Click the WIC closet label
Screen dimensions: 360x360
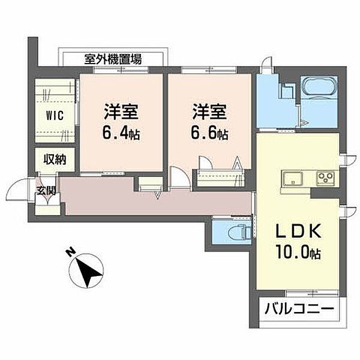point(55,115)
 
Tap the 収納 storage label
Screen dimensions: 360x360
point(55,160)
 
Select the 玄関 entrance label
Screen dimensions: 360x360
point(46,191)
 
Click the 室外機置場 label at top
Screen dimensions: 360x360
point(113,59)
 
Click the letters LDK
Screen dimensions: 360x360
point(298,231)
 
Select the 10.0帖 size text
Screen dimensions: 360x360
point(298,251)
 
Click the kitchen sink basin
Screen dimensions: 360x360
point(293,178)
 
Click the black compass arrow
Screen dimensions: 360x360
point(88,272)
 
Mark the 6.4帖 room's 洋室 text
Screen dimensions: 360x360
point(121,112)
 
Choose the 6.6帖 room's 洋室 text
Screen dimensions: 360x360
point(209,112)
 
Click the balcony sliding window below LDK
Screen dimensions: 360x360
point(312,293)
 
